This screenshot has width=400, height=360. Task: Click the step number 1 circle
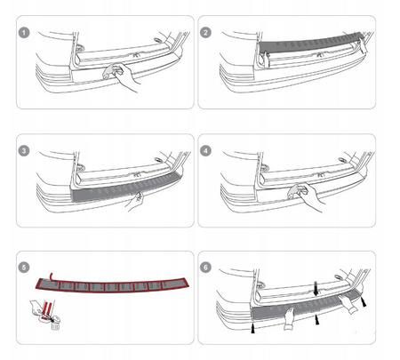click(24, 33)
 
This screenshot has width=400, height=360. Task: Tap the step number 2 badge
click(205, 33)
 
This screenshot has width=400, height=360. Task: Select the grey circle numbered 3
click(24, 151)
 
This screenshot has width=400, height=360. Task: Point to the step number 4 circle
click(205, 151)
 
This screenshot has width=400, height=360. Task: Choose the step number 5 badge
click(24, 268)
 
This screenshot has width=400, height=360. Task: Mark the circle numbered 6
click(205, 268)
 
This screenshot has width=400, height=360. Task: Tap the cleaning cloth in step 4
click(296, 191)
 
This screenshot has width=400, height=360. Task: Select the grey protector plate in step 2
click(308, 44)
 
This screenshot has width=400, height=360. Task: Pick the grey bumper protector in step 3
click(126, 187)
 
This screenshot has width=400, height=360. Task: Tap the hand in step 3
click(135, 202)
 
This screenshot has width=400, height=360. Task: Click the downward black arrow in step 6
click(316, 289)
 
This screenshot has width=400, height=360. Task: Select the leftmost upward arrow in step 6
click(253, 329)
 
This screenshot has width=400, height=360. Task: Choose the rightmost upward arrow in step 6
click(364, 301)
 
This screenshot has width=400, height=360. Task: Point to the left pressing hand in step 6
click(289, 318)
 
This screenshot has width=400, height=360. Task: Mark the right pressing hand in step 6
click(349, 304)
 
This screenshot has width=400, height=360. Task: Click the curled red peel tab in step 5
click(52, 276)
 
